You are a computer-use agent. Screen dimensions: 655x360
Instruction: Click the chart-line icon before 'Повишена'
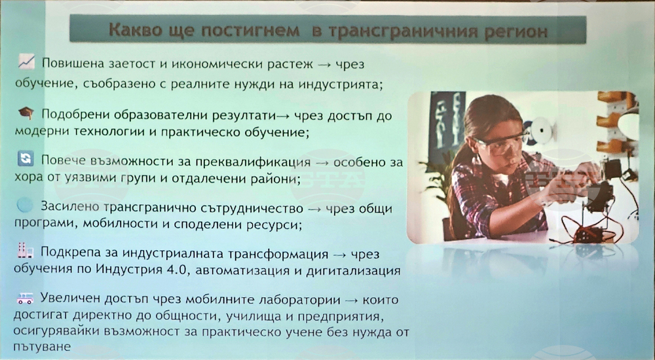(x=26, y=62)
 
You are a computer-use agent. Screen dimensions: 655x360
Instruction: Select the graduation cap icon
(x=26, y=113)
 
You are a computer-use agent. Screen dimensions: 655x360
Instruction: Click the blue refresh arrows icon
(x=26, y=158)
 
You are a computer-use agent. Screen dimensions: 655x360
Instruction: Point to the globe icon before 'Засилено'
(x=25, y=205)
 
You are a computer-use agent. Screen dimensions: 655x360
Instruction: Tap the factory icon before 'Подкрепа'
(x=24, y=250)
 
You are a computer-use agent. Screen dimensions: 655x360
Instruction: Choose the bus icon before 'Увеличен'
(x=25, y=298)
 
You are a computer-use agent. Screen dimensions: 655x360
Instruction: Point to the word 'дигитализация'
(x=354, y=271)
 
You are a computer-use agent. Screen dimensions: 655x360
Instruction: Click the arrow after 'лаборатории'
(x=352, y=300)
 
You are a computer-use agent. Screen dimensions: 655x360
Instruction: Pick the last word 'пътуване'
(x=42, y=347)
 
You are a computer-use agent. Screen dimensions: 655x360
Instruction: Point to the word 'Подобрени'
(x=75, y=115)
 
